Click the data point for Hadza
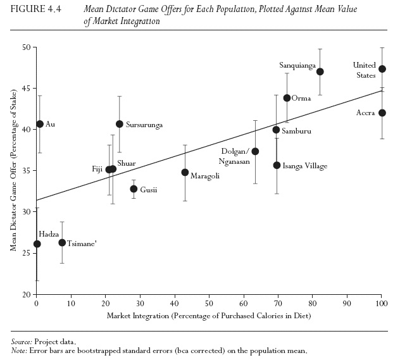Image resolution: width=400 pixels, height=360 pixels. click(x=37, y=244)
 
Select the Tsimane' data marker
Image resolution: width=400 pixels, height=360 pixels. click(x=62, y=242)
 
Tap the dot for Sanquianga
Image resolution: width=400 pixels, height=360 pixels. click(x=320, y=71)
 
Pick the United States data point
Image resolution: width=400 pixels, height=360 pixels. click(x=382, y=68)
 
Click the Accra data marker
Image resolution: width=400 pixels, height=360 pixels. click(x=382, y=113)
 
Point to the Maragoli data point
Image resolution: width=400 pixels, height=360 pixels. click(x=185, y=172)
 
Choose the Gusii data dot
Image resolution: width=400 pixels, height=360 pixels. click(x=134, y=189)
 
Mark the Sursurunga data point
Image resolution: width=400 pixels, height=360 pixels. click(x=120, y=123)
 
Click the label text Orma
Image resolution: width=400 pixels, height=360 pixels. click(x=301, y=98)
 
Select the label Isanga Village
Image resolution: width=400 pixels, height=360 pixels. click(x=304, y=166)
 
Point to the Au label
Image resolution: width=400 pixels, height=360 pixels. click(x=51, y=124)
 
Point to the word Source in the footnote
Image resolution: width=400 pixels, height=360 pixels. click(x=23, y=341)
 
